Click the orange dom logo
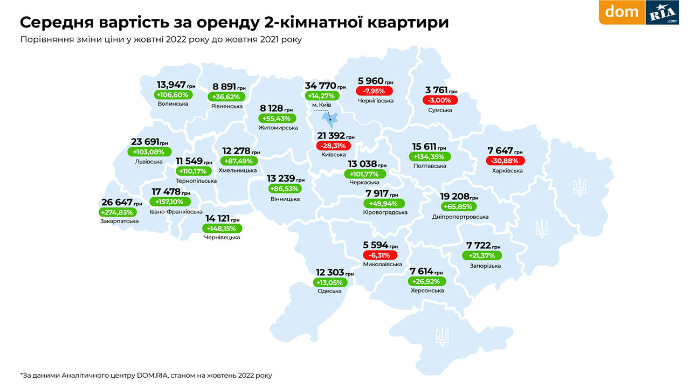click(x=622, y=12)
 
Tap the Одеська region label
click(x=329, y=291)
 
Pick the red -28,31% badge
click(x=333, y=145)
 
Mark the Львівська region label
click(x=148, y=161)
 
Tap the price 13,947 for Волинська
click(x=171, y=85)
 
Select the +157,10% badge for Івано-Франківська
click(x=169, y=202)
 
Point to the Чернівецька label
click(x=222, y=237)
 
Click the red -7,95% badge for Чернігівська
click(x=374, y=91)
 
